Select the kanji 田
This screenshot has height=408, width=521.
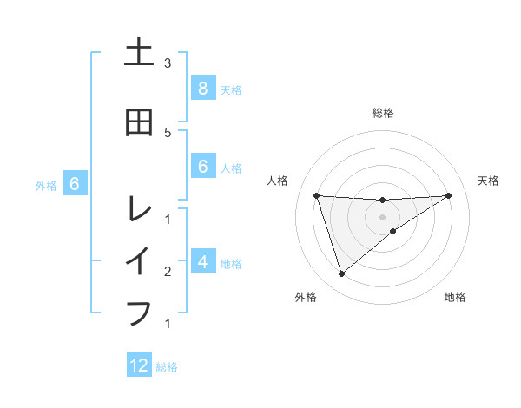[139, 123]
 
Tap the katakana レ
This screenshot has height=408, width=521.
[139, 208]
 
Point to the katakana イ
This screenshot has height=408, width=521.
[139, 260]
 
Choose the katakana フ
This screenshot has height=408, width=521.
[139, 311]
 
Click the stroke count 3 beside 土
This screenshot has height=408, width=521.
[168, 63]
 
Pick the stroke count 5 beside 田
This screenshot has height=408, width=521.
[168, 132]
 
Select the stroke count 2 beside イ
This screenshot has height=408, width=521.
[168, 272]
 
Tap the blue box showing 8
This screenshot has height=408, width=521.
[202, 89]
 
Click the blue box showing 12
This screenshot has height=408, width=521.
[139, 365]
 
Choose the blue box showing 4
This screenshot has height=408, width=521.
[202, 261]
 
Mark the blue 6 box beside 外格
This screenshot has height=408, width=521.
[75, 184]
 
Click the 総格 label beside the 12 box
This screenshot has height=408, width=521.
[167, 367]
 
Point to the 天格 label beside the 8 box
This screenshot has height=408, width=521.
[230, 90]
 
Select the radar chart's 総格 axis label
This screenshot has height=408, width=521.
[382, 113]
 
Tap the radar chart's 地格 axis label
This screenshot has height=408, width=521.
[455, 298]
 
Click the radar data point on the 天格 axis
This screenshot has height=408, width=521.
[448, 195]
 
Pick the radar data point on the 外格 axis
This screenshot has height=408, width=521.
[341, 274]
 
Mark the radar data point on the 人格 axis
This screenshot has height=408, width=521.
[316, 195]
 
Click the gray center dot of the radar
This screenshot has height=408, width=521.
[382, 216]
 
